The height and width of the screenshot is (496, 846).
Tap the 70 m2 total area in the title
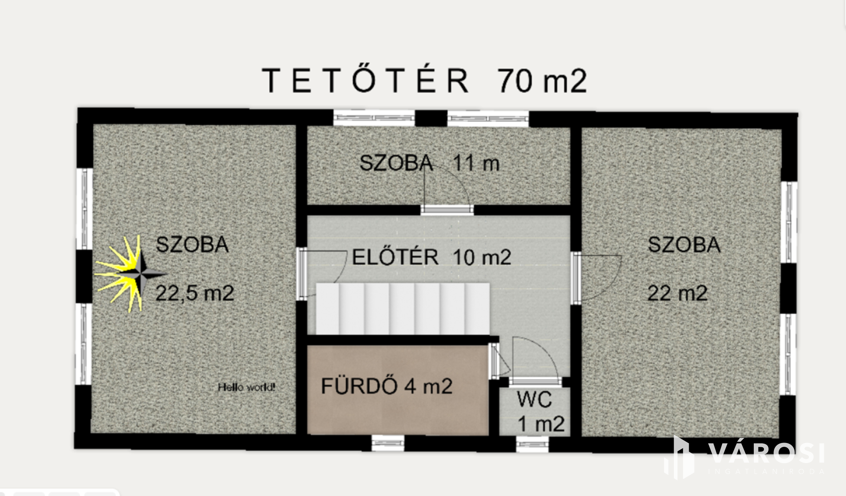coord(542,81)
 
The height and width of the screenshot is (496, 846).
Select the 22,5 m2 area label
coord(195,293)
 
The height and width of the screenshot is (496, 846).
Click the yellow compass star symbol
coord(130,274)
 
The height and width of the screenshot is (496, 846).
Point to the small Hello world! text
coord(246,387)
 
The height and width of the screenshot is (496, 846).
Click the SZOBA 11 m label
coord(430,163)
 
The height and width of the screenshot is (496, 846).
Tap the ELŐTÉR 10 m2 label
coord(432,257)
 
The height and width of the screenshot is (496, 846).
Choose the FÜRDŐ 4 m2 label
coord(387,386)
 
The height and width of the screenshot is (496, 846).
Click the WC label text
coord(534,400)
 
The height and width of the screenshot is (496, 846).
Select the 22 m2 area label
coord(677,293)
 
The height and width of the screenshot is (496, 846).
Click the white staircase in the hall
coord(403,308)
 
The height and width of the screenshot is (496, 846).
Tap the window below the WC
coord(532,444)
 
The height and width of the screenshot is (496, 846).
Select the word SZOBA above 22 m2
coord(684,245)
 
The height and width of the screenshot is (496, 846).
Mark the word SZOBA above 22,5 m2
coord(192,245)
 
